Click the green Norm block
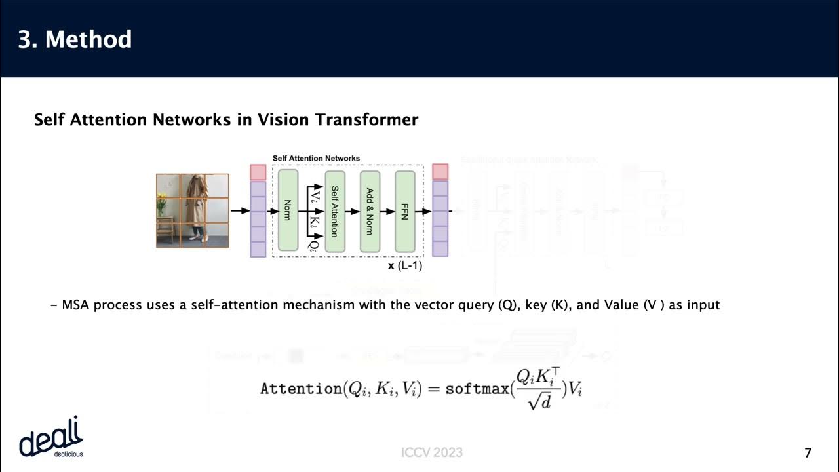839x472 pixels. point(288,210)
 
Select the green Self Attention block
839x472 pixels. point(334,210)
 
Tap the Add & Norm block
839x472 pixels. point(370,210)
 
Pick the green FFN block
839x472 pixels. point(404,210)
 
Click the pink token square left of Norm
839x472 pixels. point(258,172)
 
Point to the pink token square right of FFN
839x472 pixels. point(440,172)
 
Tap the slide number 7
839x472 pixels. point(808,452)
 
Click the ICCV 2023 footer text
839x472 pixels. point(432,452)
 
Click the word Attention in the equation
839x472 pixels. point(300,388)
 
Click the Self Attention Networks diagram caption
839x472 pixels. point(316,158)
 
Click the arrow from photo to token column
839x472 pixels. point(240,210)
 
